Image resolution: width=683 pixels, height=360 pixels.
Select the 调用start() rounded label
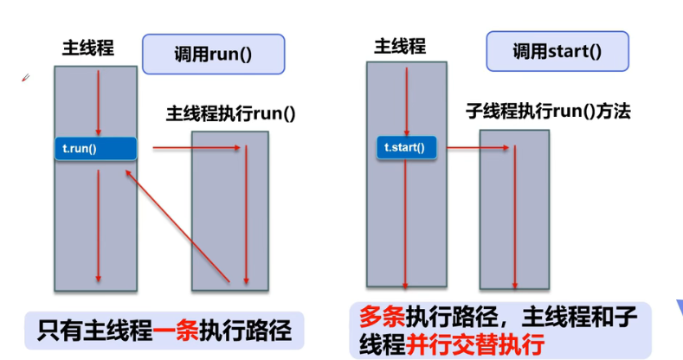pos(557,51)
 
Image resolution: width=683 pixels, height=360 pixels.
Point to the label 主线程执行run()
pos(230,113)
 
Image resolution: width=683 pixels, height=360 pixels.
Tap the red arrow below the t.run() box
pos(99,225)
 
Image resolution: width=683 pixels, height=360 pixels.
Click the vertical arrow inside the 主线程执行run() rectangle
pos(247,216)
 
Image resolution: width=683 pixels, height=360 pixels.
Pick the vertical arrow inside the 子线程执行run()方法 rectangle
pos(516,216)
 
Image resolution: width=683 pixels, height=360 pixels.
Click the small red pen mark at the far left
pos(26,78)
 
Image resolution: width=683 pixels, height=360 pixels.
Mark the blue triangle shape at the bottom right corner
pos(678,309)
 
